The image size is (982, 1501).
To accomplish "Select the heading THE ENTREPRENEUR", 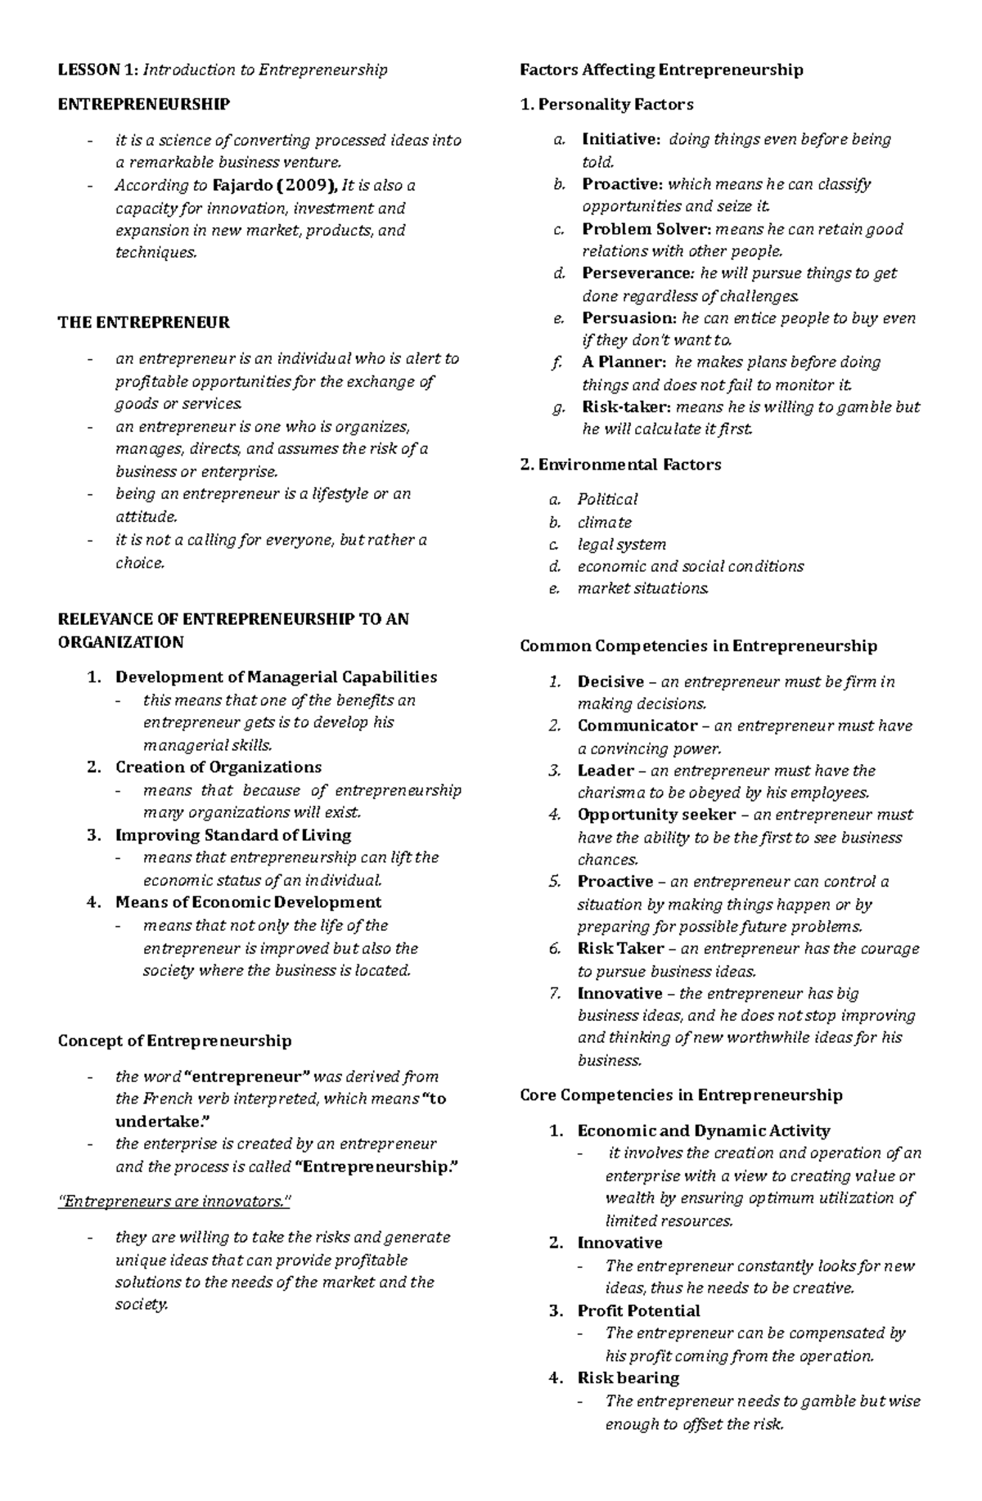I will click(143, 322).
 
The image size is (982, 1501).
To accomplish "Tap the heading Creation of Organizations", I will click(218, 767).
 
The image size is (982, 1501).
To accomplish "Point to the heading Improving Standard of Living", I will click(232, 835).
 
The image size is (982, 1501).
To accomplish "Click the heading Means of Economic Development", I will click(248, 902).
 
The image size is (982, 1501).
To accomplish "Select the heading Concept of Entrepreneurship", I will click(174, 1040).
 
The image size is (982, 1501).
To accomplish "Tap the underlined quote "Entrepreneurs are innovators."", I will click(174, 1202).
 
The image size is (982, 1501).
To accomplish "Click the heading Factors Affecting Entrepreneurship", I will click(661, 70).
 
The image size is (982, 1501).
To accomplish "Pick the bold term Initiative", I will click(619, 139).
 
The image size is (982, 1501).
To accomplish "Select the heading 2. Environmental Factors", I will click(620, 465).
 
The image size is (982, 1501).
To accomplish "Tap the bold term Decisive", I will click(610, 681).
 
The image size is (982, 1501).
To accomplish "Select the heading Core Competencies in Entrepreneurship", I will click(681, 1094).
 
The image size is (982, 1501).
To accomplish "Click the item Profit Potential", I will click(638, 1310).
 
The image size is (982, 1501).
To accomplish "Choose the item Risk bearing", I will click(628, 1377).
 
